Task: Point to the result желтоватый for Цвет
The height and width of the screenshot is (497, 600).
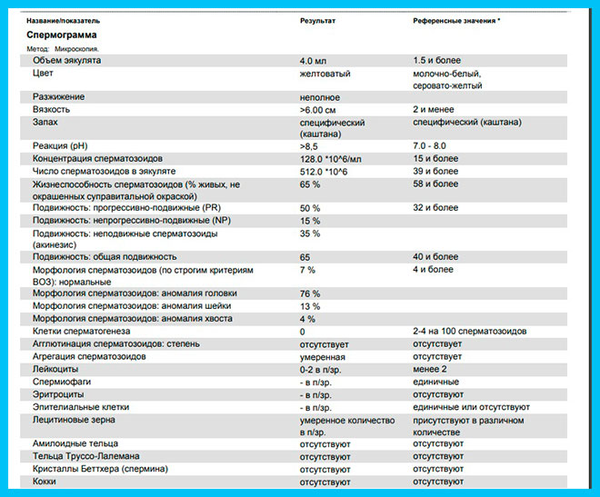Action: click(325, 73)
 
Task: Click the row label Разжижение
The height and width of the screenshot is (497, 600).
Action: click(59, 96)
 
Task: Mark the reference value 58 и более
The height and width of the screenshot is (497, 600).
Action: click(435, 184)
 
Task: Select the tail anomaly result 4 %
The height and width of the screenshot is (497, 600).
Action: click(307, 319)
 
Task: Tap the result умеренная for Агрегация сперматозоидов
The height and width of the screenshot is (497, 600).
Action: click(325, 357)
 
